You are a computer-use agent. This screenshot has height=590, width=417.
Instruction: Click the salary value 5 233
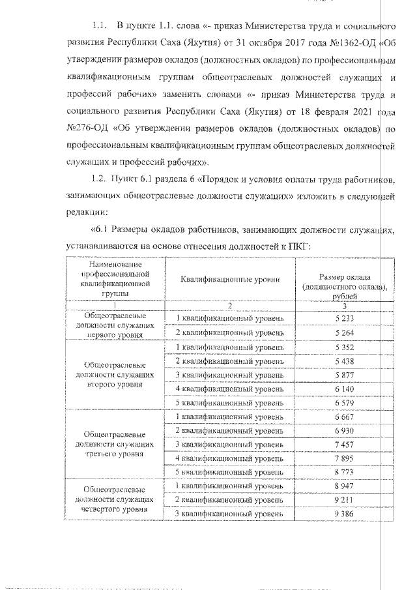pyautogui.click(x=343, y=317)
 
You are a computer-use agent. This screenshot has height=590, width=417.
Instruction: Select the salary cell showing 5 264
pyautogui.click(x=343, y=332)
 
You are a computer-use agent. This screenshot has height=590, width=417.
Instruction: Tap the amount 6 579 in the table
pyautogui.click(x=343, y=403)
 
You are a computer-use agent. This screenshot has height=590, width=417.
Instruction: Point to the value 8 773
pyautogui.click(x=343, y=471)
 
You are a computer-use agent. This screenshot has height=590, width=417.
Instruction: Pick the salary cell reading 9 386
pyautogui.click(x=343, y=515)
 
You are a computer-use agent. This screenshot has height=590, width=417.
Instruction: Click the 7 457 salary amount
pyautogui.click(x=343, y=445)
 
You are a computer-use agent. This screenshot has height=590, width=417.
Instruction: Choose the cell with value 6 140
pyautogui.click(x=343, y=389)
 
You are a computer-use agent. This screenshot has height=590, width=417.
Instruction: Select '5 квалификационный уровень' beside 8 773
pyautogui.click(x=230, y=471)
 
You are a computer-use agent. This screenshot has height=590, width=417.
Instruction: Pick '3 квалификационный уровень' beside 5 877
pyautogui.click(x=230, y=375)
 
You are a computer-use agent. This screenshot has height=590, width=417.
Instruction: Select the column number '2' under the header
pyautogui.click(x=230, y=305)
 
